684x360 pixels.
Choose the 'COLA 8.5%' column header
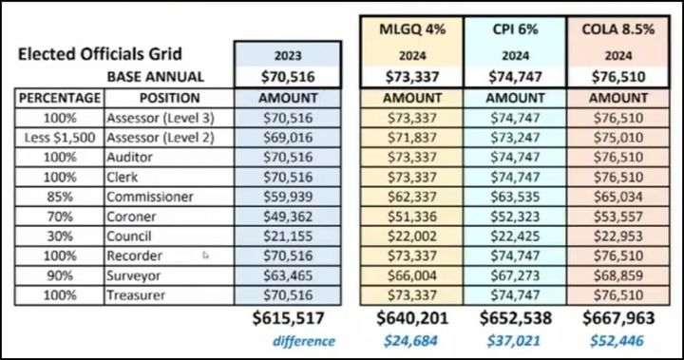click(617, 29)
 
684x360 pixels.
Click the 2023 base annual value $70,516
click(287, 77)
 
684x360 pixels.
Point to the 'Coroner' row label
click(135, 218)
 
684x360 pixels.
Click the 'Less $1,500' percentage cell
click(58, 138)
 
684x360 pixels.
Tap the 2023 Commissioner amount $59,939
click(287, 198)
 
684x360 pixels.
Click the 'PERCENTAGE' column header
click(58, 98)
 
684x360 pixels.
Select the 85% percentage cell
click(58, 198)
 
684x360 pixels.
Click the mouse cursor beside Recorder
click(206, 256)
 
